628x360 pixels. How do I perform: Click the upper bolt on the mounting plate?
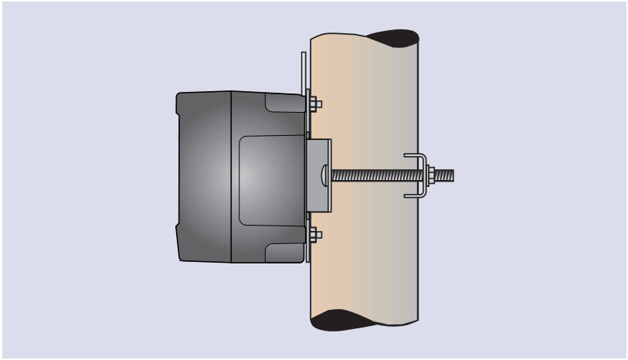(x=314, y=104)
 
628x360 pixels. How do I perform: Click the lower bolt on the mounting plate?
(x=314, y=235)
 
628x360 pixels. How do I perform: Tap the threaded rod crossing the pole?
(x=371, y=175)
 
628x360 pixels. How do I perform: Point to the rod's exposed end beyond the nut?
(x=445, y=175)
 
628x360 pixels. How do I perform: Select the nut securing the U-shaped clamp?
(x=430, y=175)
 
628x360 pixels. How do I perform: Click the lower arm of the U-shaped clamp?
(x=415, y=195)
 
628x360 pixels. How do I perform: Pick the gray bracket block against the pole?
(x=318, y=175)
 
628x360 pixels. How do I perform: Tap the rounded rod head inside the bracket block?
(x=324, y=175)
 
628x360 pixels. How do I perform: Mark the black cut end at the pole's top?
(x=392, y=38)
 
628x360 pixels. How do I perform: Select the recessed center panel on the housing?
(x=270, y=180)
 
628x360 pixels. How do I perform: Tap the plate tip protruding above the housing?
(x=304, y=70)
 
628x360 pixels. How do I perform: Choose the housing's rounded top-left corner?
(x=180, y=97)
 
